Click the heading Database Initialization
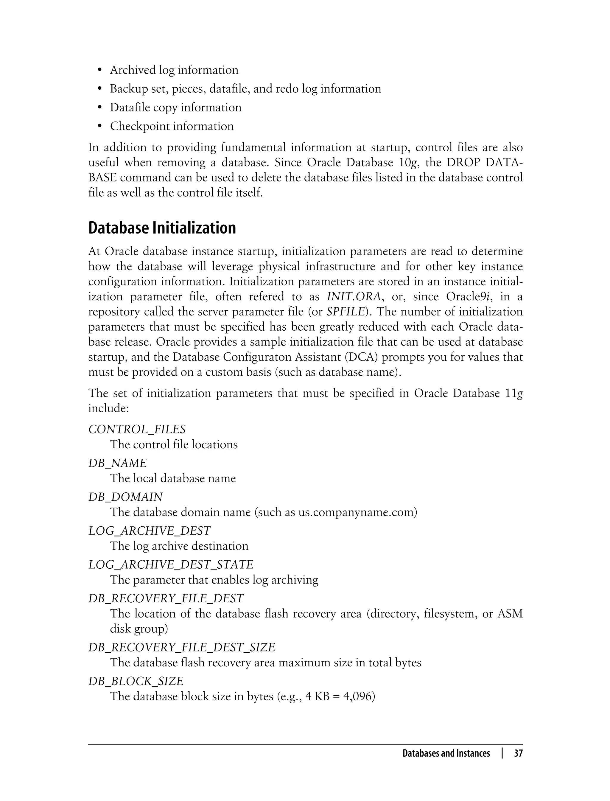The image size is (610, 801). click(x=162, y=228)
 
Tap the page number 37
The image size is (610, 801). click(x=518, y=753)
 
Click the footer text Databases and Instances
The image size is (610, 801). click(x=446, y=753)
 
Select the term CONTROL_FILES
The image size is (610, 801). click(x=137, y=430)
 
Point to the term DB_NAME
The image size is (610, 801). click(x=118, y=463)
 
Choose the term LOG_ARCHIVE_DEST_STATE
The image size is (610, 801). click(x=171, y=564)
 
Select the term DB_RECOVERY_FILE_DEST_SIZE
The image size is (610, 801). click(x=182, y=647)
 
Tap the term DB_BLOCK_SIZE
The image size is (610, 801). click(x=136, y=681)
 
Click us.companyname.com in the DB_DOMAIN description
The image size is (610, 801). click(x=356, y=512)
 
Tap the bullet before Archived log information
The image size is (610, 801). click(x=100, y=70)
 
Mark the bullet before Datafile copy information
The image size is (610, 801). click(x=100, y=108)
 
